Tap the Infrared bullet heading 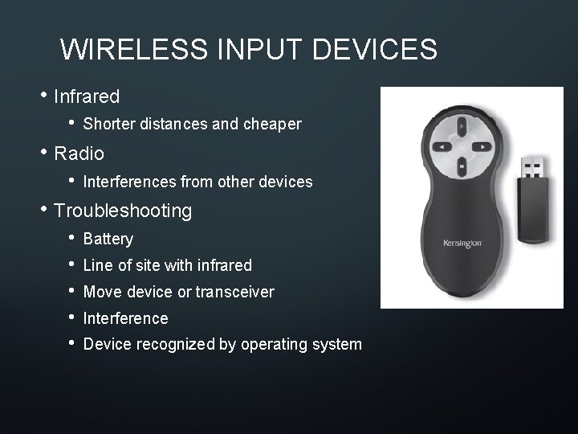point(87,97)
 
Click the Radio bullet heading point(79,153)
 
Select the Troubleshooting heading point(123,211)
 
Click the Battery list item point(108,239)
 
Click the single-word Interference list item point(126,318)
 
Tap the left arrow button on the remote point(442,146)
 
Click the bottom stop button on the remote point(462,166)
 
